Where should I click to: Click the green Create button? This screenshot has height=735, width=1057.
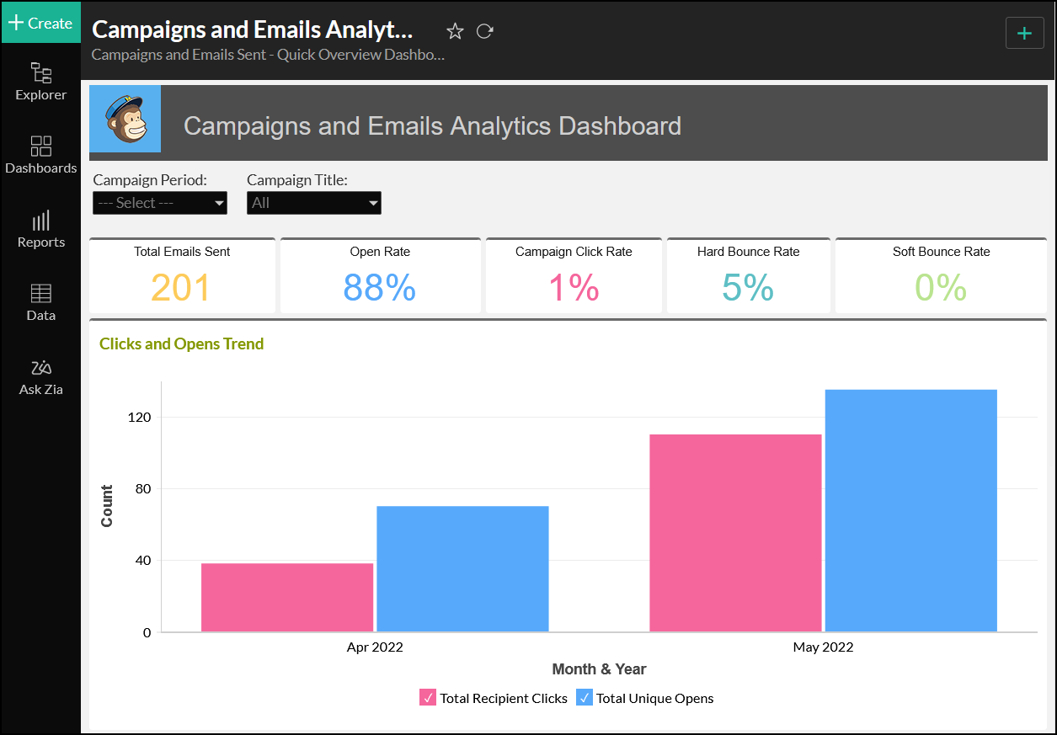(x=40, y=23)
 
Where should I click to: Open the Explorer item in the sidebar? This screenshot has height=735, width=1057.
(x=40, y=81)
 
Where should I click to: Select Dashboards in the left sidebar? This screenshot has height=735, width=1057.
(x=40, y=154)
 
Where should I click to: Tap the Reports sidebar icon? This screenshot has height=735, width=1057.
(x=40, y=229)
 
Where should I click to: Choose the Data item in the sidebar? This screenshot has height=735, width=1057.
(x=40, y=302)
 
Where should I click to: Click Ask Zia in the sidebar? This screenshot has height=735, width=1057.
(x=40, y=376)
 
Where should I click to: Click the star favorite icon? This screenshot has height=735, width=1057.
(x=455, y=31)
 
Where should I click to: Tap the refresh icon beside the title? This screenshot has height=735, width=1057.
(x=484, y=31)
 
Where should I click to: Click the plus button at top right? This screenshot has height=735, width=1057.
(x=1024, y=33)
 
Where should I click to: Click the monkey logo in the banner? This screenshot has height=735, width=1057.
(x=125, y=119)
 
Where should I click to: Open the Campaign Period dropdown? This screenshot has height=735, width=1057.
(x=159, y=203)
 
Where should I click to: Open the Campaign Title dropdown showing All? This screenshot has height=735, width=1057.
(x=313, y=203)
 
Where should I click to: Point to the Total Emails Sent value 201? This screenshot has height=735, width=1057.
(x=181, y=288)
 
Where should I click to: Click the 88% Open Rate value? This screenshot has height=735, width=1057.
(x=380, y=288)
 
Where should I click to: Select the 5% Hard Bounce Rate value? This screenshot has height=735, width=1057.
(x=748, y=288)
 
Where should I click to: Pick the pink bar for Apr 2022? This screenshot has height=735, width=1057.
(x=287, y=597)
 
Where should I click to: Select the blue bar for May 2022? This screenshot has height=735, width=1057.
(x=910, y=510)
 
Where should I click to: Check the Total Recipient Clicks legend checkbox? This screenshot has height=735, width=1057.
(x=428, y=698)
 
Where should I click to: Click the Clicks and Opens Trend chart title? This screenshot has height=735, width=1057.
(x=181, y=344)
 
